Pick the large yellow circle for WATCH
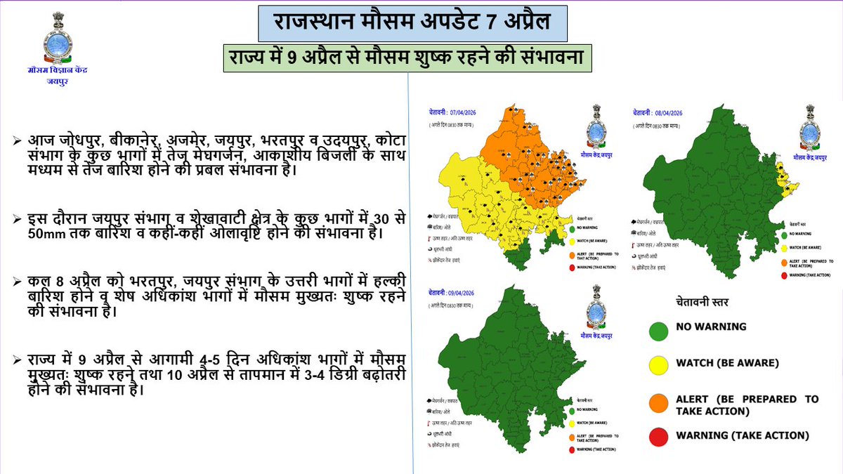(658, 363)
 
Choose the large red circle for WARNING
(658, 436)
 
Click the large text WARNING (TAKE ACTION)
(742, 436)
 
